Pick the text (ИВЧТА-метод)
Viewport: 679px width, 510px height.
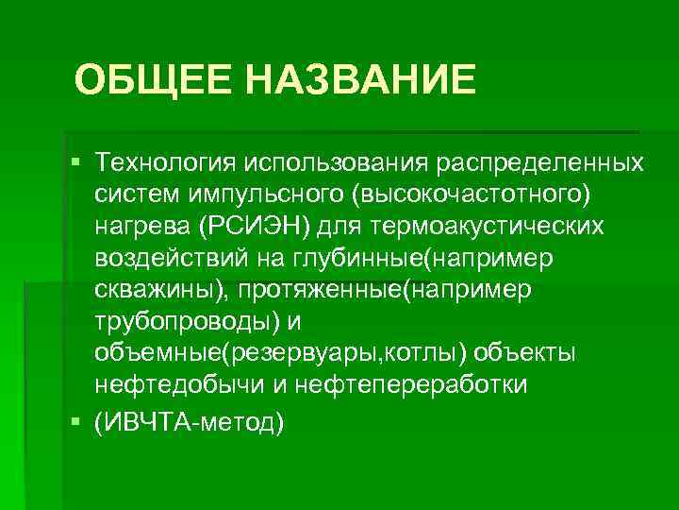(x=189, y=419)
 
